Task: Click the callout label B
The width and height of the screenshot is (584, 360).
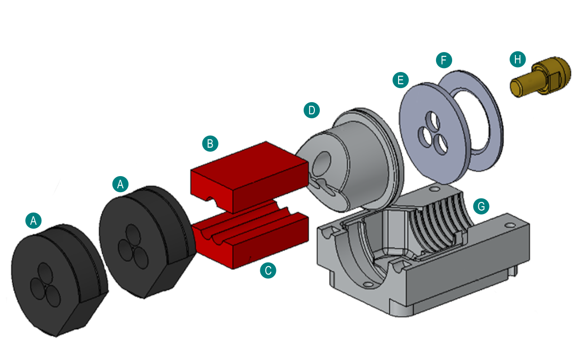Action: click(210, 144)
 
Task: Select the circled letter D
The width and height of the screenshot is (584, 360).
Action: click(311, 110)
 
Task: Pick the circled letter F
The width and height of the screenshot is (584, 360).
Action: click(444, 60)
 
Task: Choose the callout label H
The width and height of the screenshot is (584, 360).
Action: click(517, 59)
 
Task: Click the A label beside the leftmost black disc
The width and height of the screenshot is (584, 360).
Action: click(34, 220)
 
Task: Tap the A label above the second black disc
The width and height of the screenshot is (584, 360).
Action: click(121, 183)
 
